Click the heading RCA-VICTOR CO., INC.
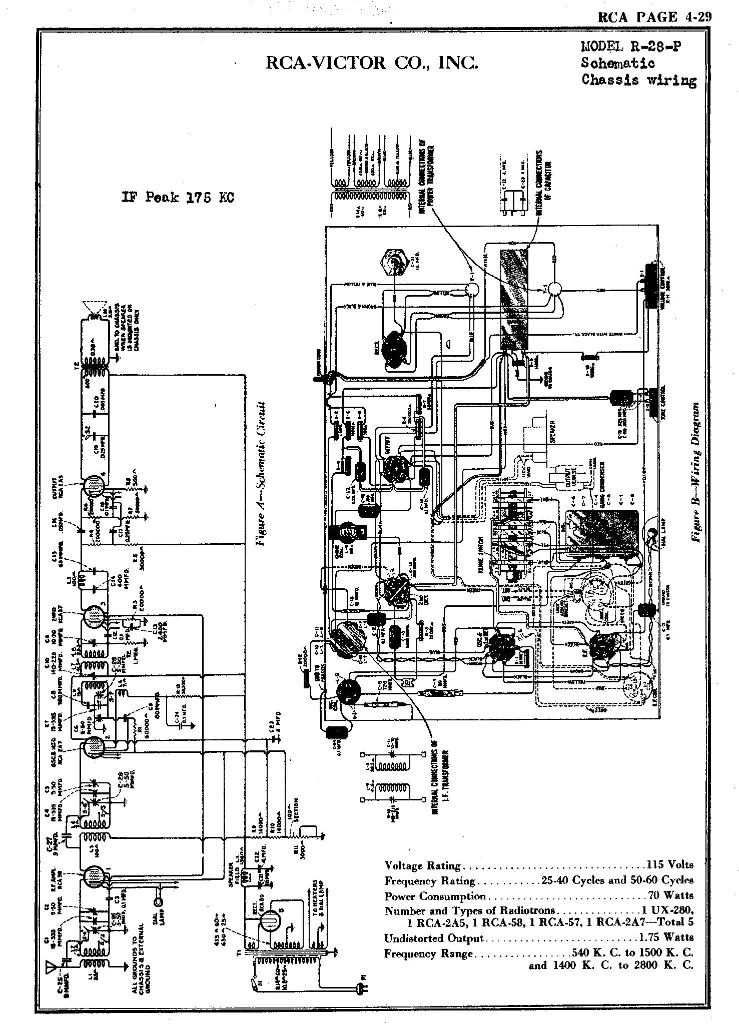[x=371, y=63]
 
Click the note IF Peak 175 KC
[x=177, y=197]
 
